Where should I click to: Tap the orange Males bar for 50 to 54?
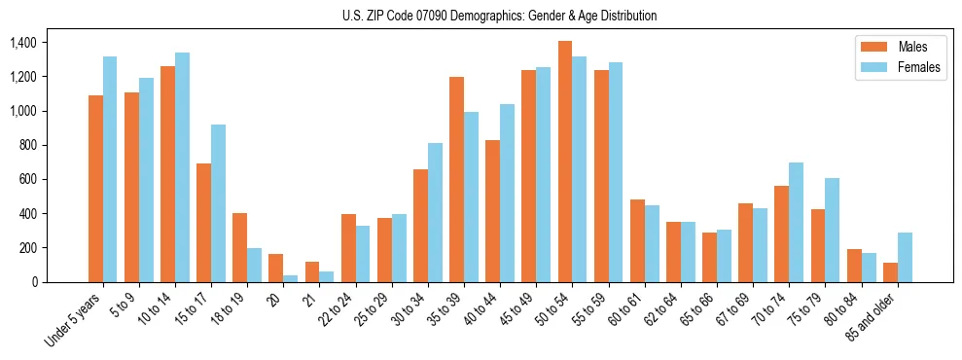click(565, 162)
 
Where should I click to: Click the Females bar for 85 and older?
click(905, 257)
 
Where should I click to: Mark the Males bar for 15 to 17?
click(203, 223)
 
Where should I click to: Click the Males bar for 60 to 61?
click(637, 240)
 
